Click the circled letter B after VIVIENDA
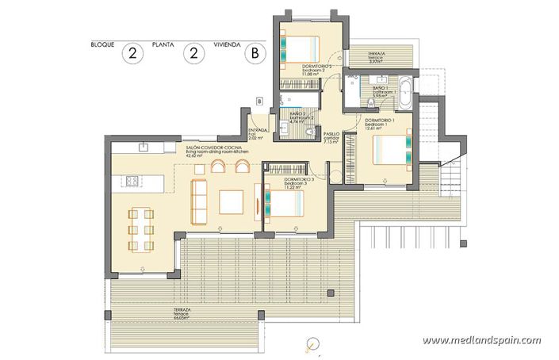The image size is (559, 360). click(x=255, y=54)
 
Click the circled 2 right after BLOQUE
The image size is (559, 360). click(x=132, y=54)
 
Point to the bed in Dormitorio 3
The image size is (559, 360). click(x=285, y=203)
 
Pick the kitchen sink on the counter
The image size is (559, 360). click(x=143, y=147)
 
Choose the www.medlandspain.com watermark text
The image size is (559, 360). click(x=481, y=340)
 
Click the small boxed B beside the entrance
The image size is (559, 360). click(x=259, y=100)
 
